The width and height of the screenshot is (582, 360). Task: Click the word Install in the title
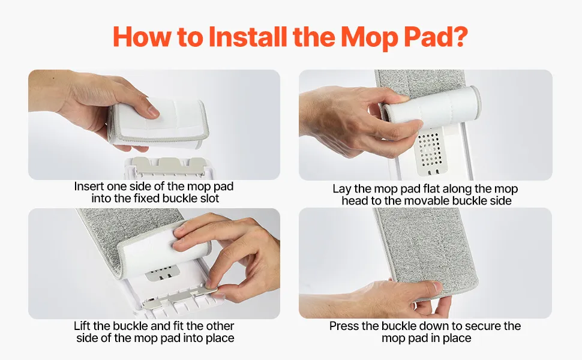[248, 37]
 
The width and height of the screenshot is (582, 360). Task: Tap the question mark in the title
[460, 36]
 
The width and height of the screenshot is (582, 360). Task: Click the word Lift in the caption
[82, 326]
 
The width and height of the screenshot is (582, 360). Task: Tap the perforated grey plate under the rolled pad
[431, 151]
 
